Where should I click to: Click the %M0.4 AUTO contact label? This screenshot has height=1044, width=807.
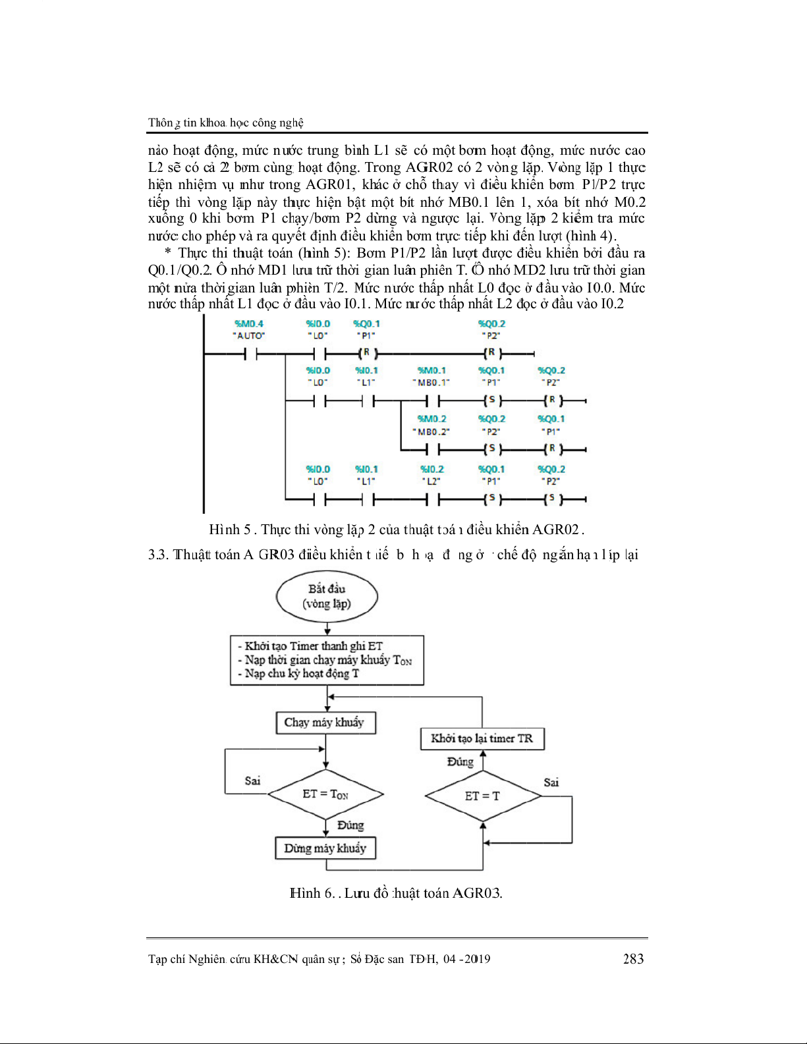[249, 329]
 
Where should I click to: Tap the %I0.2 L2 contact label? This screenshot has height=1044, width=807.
[432, 475]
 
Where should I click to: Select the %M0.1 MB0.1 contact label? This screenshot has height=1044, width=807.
[431, 376]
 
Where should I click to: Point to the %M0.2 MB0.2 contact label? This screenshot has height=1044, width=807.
[431, 425]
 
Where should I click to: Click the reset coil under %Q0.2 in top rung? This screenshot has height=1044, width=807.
[491, 353]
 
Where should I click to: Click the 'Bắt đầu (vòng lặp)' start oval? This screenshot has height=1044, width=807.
[327, 597]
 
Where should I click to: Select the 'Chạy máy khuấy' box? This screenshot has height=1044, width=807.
[325, 723]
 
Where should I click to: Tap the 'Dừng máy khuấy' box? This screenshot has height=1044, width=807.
[325, 848]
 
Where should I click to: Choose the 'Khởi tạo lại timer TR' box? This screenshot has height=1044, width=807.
[482, 738]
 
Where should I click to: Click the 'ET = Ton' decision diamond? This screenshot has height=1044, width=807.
[325, 794]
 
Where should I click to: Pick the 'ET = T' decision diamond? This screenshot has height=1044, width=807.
[483, 796]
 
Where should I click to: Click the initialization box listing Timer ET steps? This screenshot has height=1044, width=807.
[327, 660]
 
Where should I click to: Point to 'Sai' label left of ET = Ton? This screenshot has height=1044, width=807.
[252, 781]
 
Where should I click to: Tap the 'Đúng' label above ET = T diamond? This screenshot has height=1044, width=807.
[460, 762]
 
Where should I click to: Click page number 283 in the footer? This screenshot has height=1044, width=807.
[633, 959]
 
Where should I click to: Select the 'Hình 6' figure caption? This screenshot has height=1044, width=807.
[396, 893]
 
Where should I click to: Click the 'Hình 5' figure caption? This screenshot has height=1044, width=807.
[397, 530]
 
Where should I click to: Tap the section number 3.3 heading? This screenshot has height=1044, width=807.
[159, 555]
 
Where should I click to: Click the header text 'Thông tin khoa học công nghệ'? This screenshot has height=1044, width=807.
[226, 123]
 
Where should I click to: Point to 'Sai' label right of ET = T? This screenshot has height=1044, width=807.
[551, 783]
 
